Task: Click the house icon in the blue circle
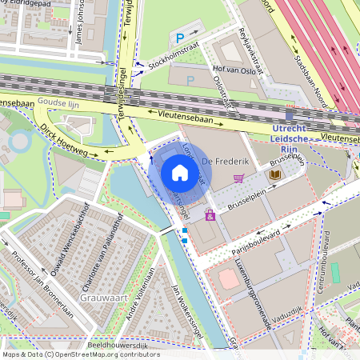point(180,173)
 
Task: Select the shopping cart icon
point(238,178)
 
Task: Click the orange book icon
point(275,174)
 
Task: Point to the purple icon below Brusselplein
point(210,215)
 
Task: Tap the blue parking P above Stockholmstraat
point(180,37)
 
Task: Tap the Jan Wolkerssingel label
point(185,308)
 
